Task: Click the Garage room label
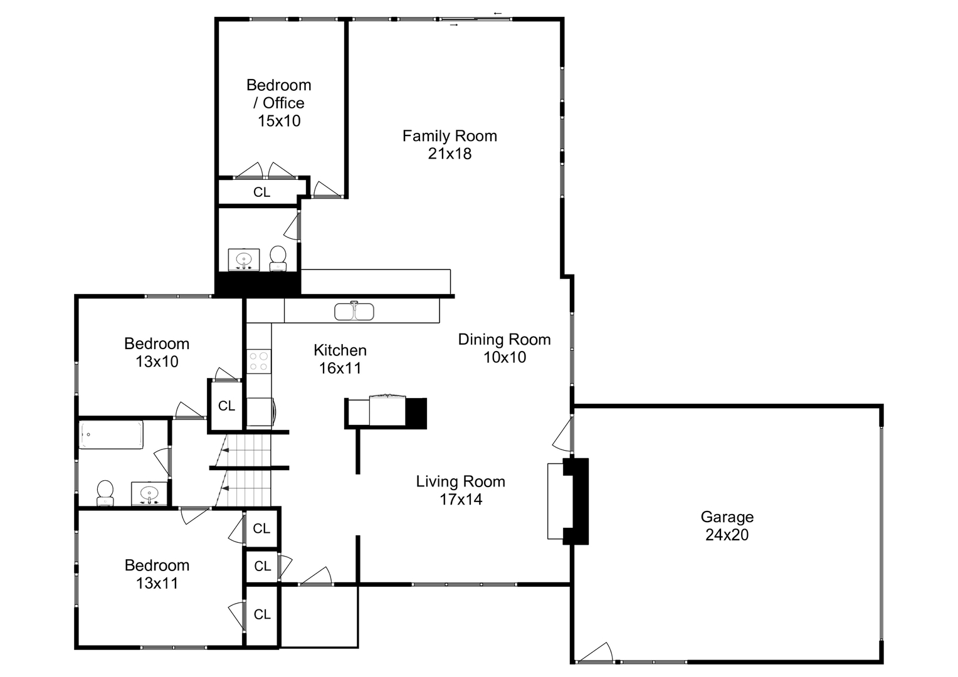727,517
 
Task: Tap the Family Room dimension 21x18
450,154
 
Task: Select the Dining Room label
504,340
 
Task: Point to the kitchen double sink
354,311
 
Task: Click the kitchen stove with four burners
258,361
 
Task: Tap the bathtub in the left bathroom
111,434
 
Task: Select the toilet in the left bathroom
105,493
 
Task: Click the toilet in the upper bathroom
278,258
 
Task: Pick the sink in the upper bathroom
244,259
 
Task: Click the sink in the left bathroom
149,493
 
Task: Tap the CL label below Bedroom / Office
261,192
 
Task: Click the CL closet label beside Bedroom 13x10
226,406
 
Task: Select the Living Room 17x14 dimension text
461,500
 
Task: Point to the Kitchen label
340,350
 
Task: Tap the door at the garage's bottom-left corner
595,653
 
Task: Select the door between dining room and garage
564,434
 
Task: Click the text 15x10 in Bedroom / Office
279,121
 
